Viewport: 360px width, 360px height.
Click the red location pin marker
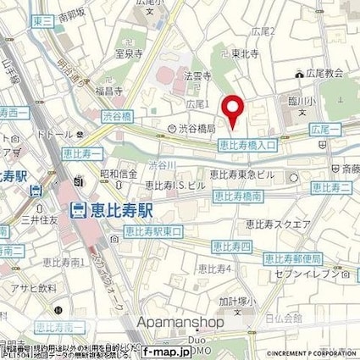234,110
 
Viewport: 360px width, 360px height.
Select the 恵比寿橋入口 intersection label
247,145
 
